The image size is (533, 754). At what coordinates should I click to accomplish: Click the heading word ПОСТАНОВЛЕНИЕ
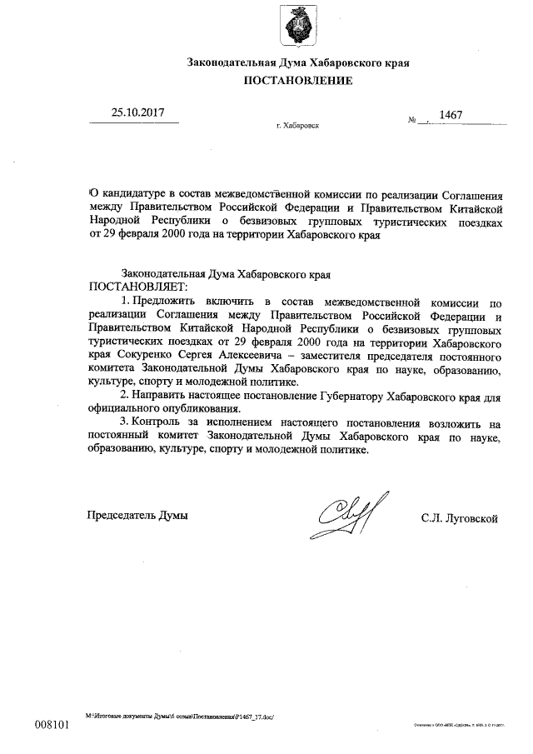tap(298, 81)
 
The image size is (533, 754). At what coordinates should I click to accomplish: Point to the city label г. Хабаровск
tap(296, 127)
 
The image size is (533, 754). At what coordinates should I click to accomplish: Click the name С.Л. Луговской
tap(460, 517)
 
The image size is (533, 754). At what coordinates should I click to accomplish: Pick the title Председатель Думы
tap(137, 515)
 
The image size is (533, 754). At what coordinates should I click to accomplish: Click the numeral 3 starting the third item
tap(122, 422)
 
